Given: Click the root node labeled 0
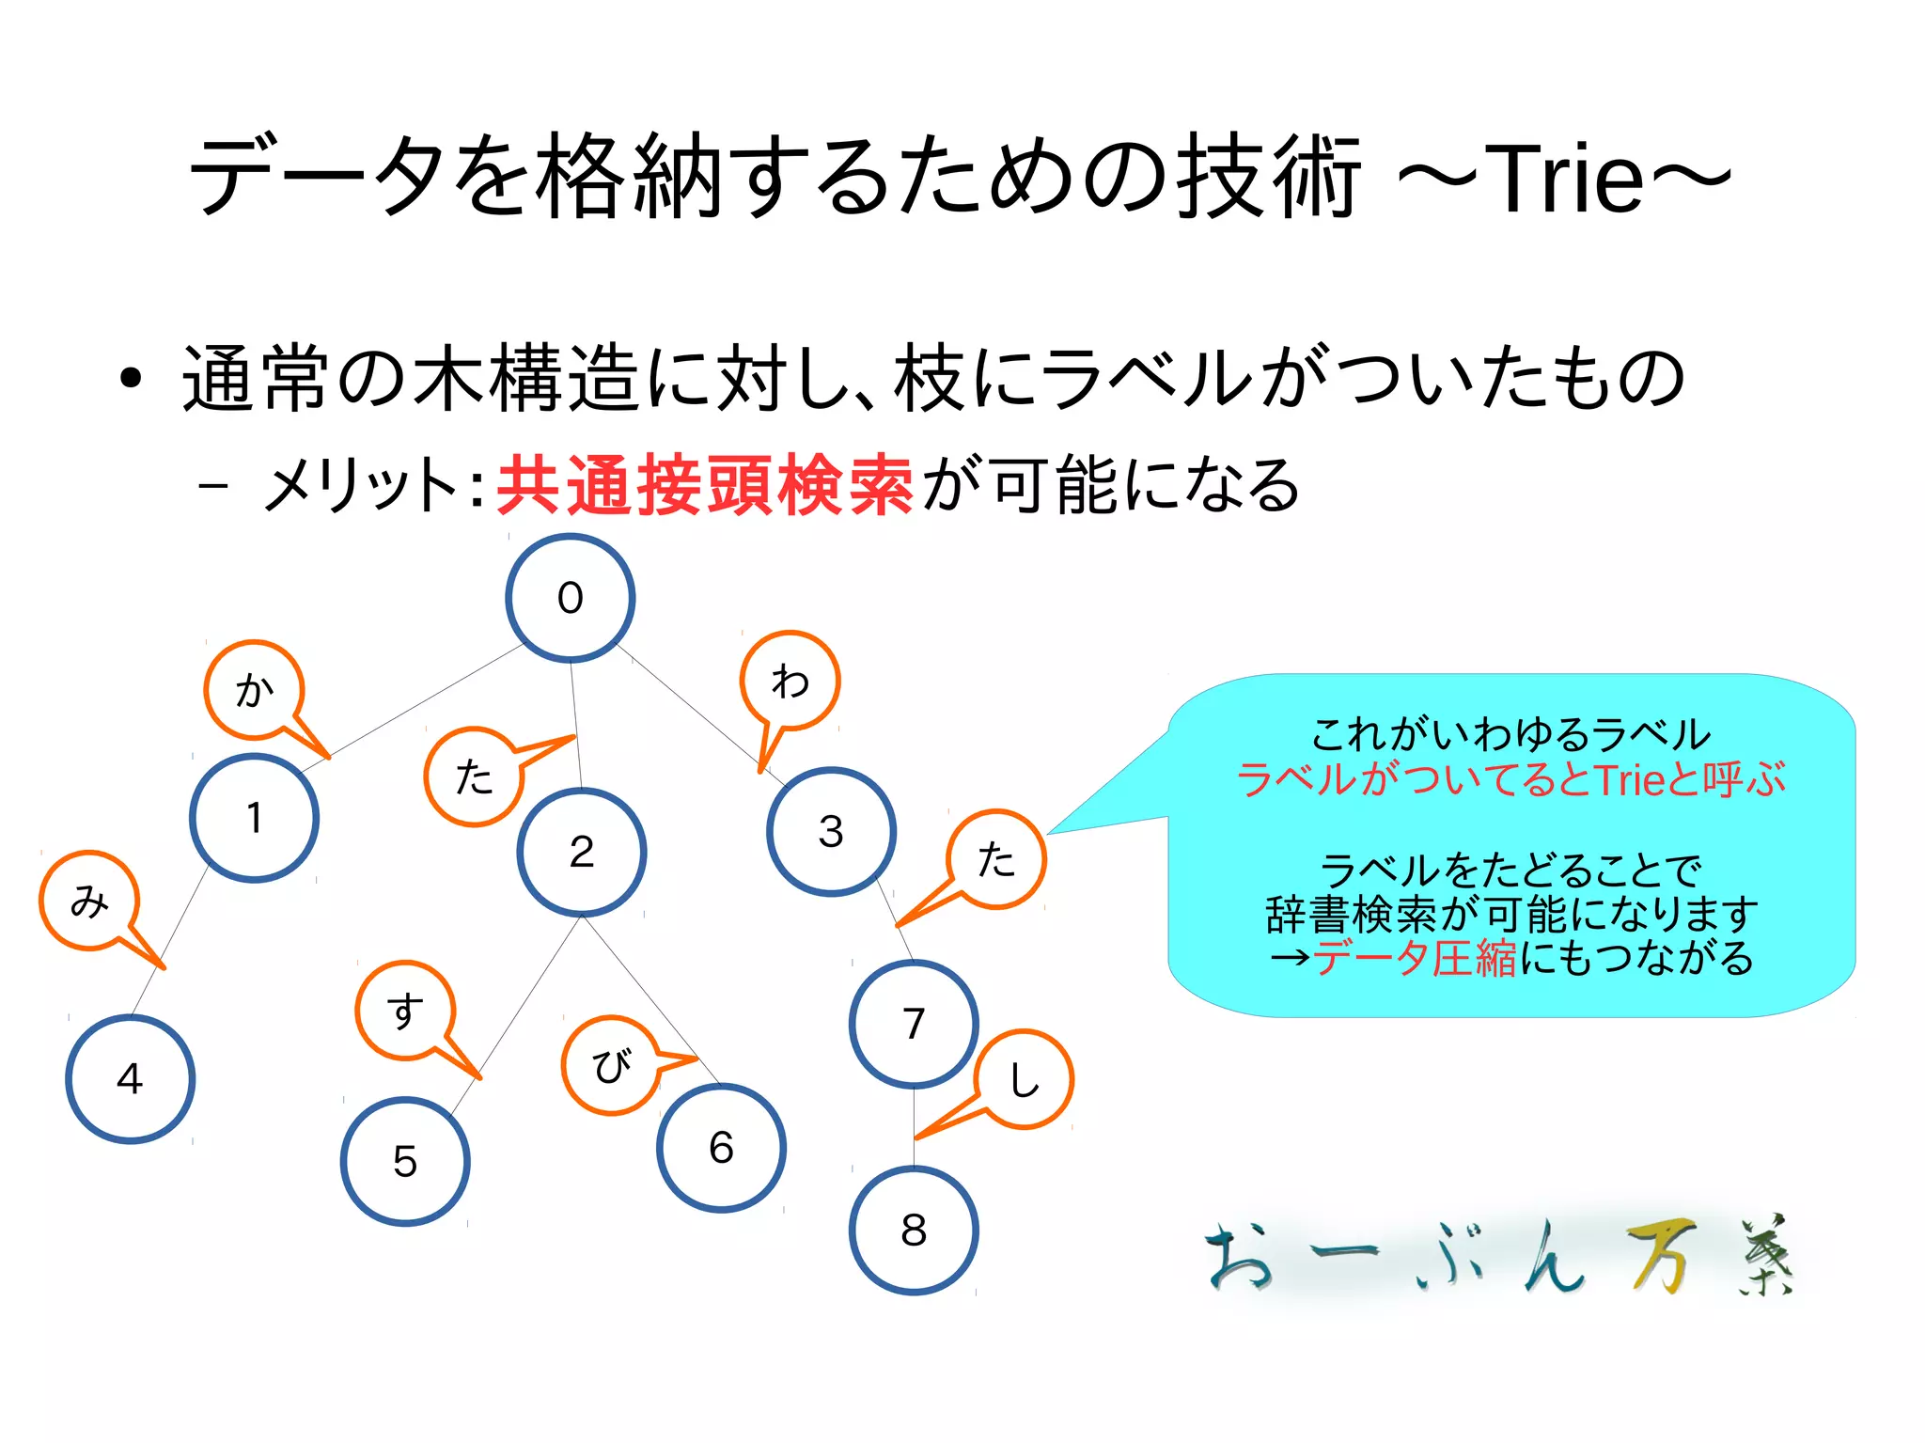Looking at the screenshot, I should coord(571,598).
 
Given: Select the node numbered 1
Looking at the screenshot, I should coord(254,818).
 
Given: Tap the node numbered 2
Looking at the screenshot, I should coord(582,852).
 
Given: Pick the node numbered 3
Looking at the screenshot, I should coord(831,831).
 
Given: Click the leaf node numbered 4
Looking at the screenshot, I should coord(130,1078).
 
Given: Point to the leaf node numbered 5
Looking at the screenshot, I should coord(405,1161).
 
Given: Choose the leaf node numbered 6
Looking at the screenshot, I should coord(721,1148).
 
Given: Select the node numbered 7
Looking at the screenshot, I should coord(914,1024).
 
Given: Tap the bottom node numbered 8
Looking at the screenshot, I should coord(914,1230).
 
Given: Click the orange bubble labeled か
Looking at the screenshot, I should coord(254,690).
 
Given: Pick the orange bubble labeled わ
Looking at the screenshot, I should coord(790,681).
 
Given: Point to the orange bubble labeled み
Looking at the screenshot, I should coord(89,901).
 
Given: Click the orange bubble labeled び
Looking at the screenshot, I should coord(611,1065).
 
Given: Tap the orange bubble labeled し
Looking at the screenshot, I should coord(1024,1079).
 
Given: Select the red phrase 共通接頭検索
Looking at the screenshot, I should coord(705,485).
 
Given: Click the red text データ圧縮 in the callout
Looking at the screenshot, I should coord(1415,958).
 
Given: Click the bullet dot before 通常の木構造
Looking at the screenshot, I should coord(131,380).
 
